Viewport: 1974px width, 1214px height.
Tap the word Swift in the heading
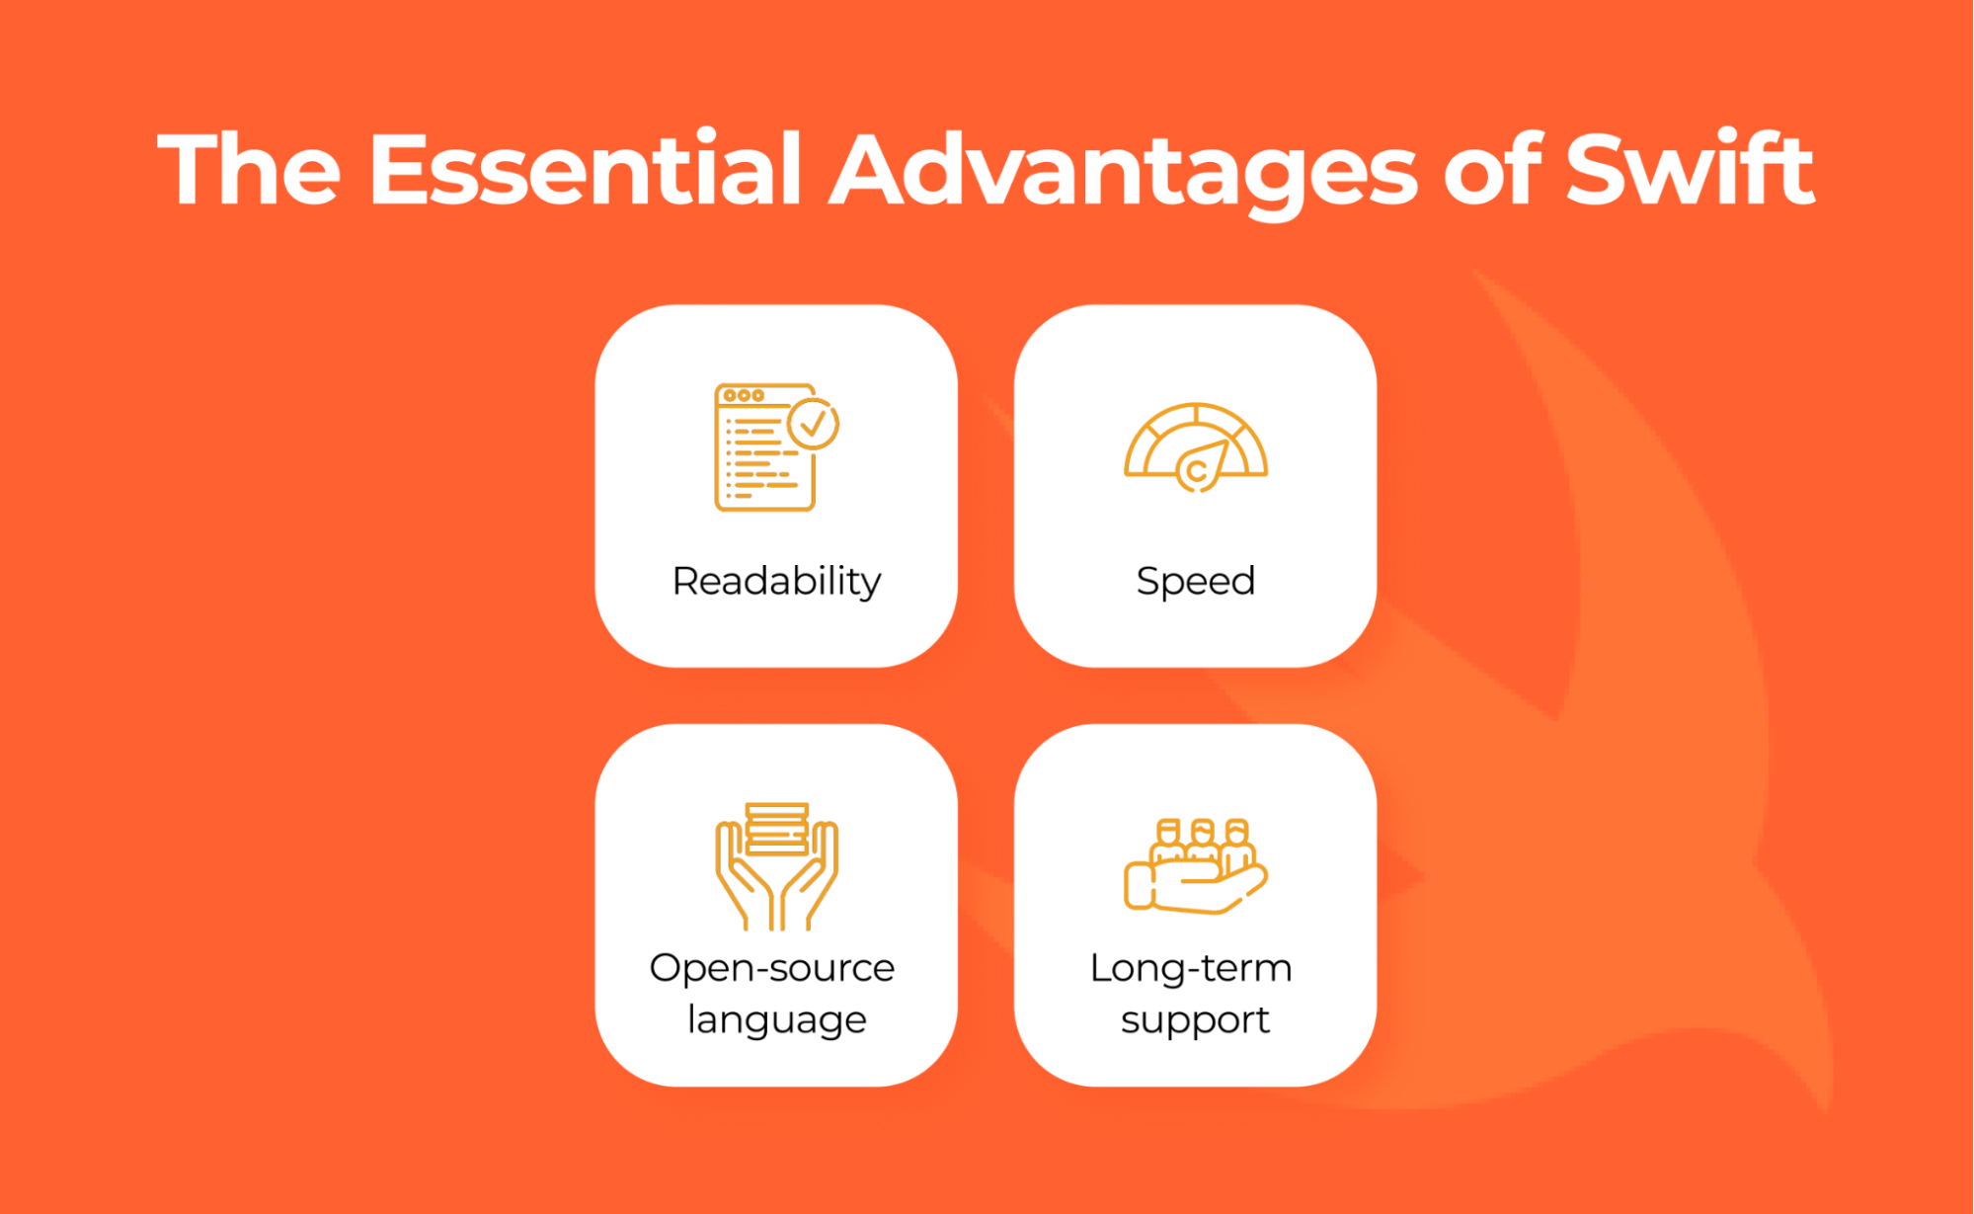1690,170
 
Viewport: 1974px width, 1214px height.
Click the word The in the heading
249,170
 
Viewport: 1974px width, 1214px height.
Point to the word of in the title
1492,170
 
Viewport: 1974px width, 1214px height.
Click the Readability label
776,582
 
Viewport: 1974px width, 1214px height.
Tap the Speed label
1195,582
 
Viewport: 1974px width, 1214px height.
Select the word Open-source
771,968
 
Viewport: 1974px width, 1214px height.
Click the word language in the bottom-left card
776,1020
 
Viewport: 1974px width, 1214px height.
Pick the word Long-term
1191,968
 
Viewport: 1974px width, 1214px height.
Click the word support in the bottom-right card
1195,1020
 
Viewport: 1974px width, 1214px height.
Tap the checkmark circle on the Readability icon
813,424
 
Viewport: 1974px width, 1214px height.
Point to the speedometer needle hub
1197,471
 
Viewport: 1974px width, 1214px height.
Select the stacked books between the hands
777,828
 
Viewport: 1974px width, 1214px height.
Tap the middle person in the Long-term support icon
1202,840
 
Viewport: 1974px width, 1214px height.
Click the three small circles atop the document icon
744,395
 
